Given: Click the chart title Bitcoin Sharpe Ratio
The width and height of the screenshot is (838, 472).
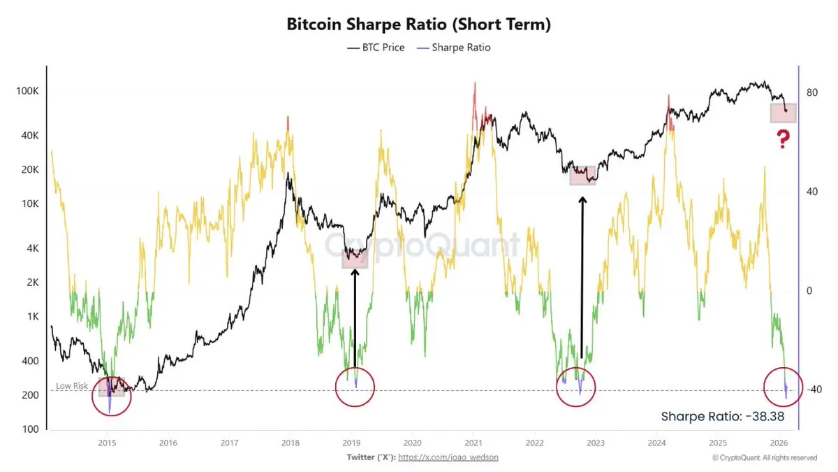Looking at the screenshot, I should (x=419, y=24).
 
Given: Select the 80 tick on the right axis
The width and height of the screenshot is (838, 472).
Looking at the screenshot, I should (x=811, y=92).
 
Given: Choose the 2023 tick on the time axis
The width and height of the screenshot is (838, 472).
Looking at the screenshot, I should (x=595, y=443).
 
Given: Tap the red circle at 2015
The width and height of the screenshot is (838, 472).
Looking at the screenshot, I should (x=111, y=395).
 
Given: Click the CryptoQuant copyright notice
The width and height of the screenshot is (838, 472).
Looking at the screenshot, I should (x=764, y=458).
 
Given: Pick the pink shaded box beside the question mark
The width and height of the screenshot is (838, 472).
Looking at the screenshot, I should (x=783, y=113).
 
